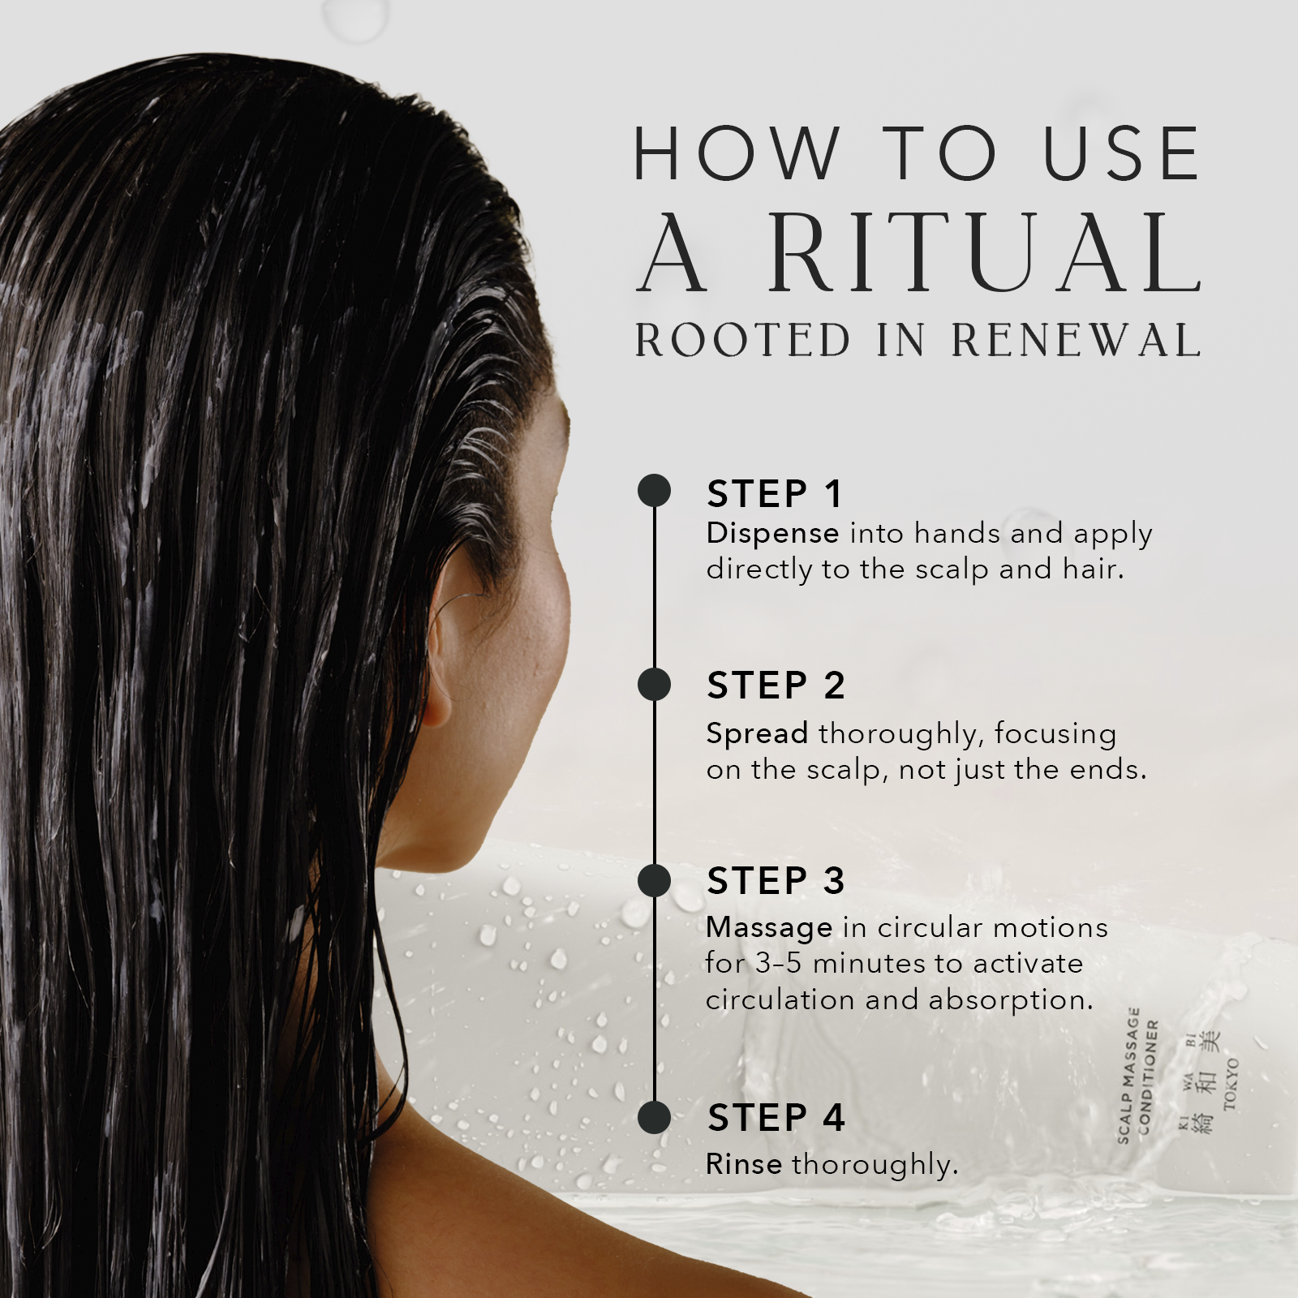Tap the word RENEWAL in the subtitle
[1076, 340]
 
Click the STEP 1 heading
[775, 494]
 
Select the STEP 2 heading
[776, 686]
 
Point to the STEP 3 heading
[776, 881]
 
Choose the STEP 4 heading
[776, 1118]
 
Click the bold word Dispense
[772, 534]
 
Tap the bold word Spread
[757, 733]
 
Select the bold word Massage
[769, 927]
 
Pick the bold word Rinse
[744, 1164]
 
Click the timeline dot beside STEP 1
[654, 491]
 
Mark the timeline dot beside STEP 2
[654, 685]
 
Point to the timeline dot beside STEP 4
[654, 1117]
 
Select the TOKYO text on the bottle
[1231, 1084]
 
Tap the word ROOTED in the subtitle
[742, 340]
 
